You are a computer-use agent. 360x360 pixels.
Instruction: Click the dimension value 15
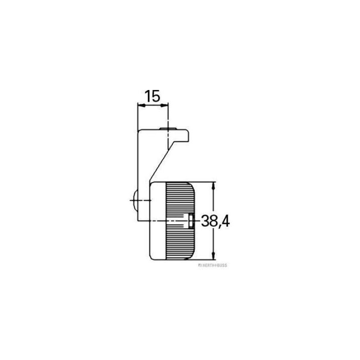152,96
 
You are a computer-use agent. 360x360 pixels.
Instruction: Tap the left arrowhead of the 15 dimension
140,106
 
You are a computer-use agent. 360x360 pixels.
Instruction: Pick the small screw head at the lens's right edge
191,220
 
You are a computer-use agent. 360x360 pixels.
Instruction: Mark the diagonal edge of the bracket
160,164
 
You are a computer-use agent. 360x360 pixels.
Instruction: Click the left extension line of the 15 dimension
137,117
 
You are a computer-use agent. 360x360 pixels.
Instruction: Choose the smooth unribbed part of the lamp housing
157,238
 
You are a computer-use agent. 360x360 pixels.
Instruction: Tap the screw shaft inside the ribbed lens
178,221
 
